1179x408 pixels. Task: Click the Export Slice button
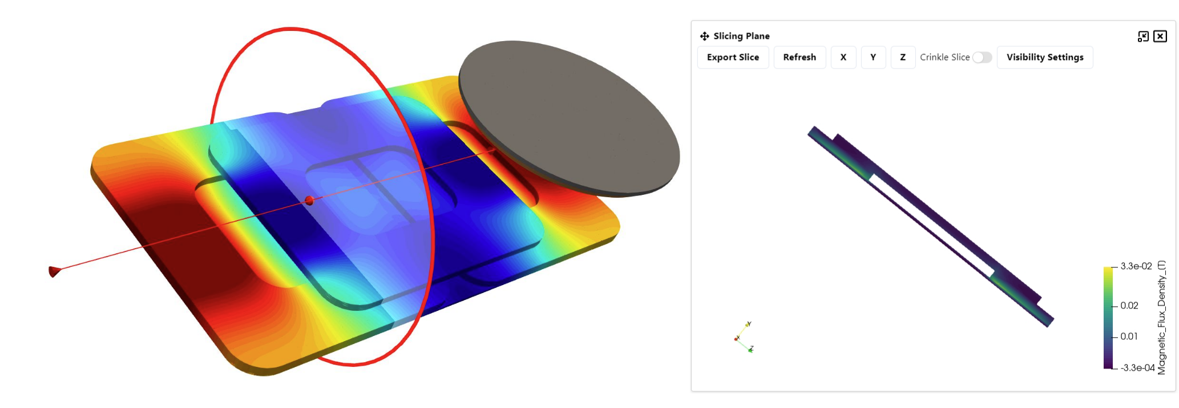[733, 57]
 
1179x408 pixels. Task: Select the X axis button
[843, 57]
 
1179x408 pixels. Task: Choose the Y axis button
[873, 57]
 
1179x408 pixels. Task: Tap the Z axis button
[903, 57]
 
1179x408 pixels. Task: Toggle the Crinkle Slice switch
[982, 57]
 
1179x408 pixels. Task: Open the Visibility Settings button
[1045, 57]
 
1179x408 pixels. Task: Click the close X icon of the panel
[1160, 37]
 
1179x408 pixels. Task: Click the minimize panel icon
[1143, 37]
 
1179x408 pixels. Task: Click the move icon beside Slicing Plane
[705, 36]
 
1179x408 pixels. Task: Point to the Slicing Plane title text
[741, 36]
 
